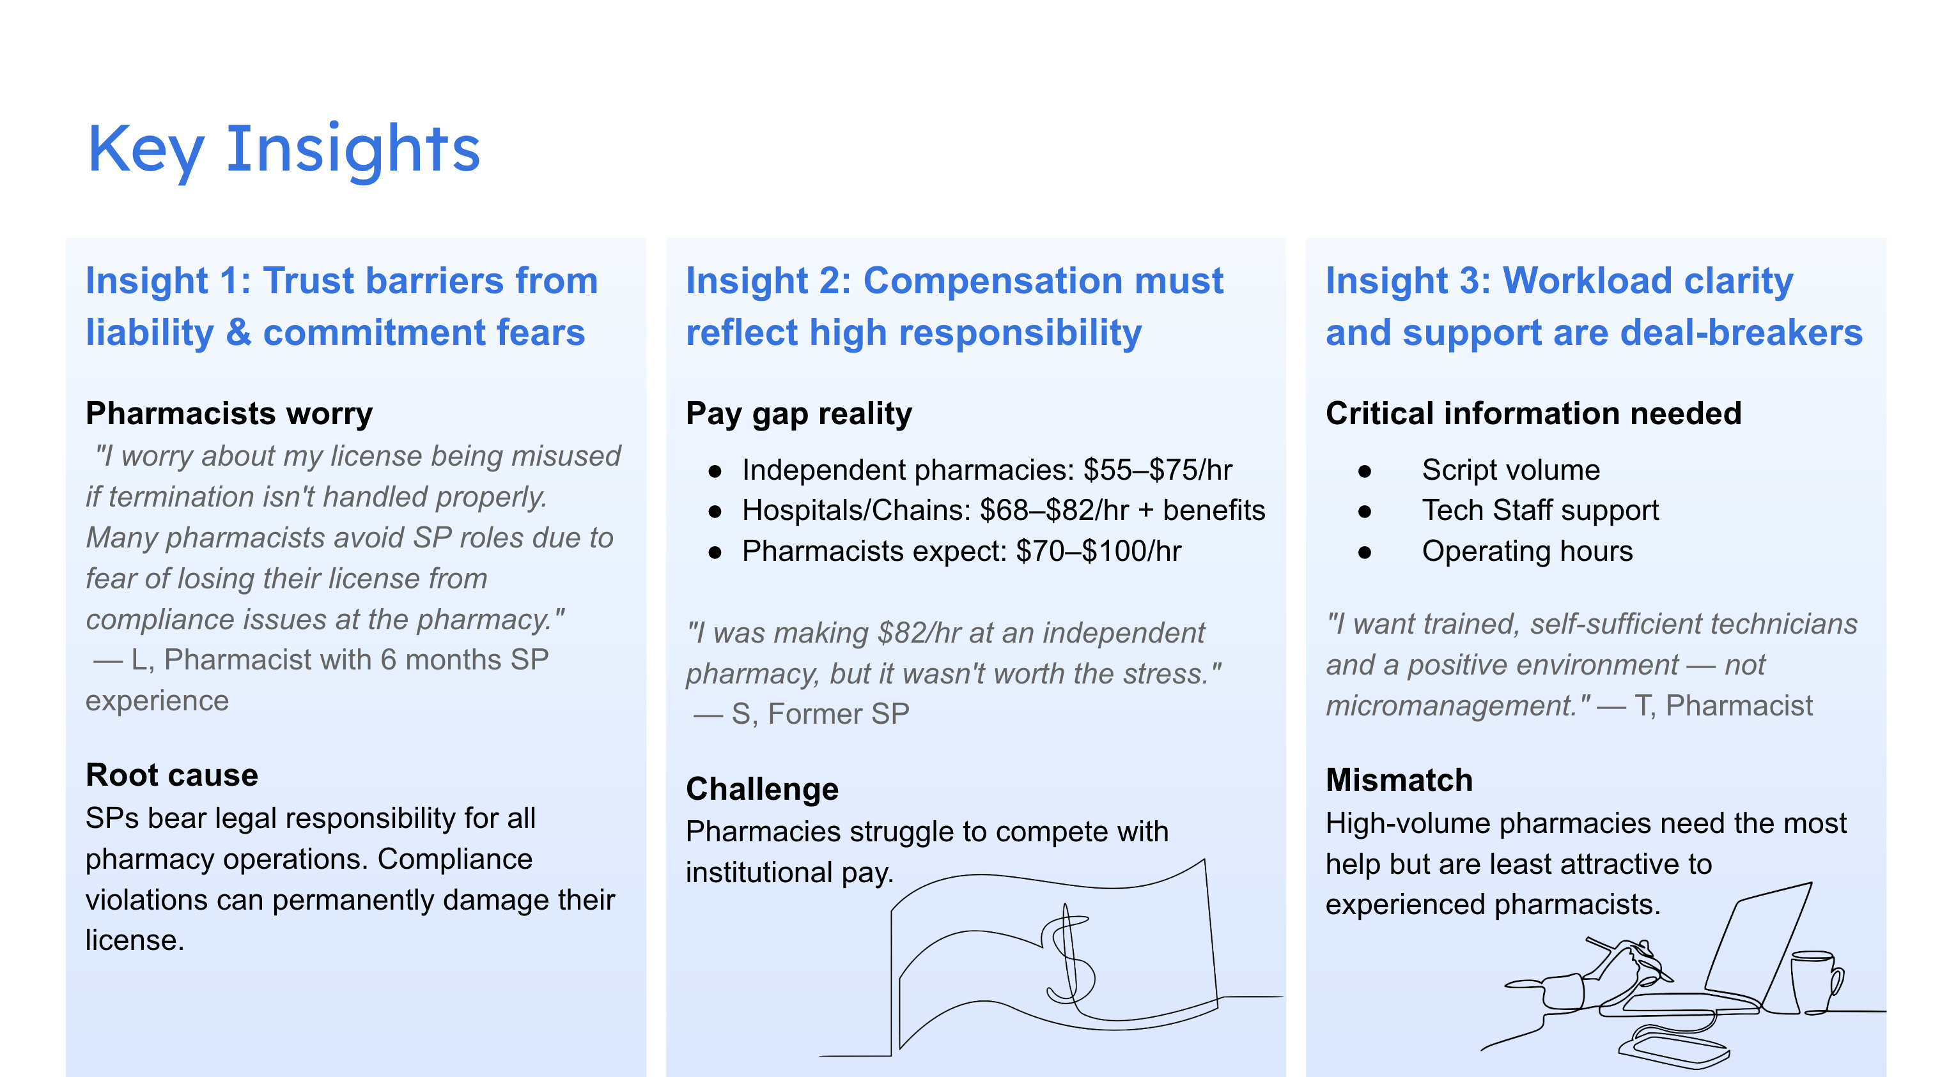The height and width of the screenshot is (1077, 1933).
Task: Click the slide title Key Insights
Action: [x=284, y=150]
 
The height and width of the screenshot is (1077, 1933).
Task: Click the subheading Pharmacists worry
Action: [x=229, y=413]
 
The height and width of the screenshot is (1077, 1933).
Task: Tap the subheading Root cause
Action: [x=172, y=775]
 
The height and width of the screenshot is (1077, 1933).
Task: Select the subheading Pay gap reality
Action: [x=798, y=413]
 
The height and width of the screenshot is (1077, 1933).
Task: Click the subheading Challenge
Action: [x=762, y=789]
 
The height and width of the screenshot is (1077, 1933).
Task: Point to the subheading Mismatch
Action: [x=1399, y=779]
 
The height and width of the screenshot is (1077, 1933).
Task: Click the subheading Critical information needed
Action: [x=1533, y=413]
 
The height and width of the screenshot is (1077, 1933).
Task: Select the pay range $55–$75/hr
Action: [x=1157, y=470]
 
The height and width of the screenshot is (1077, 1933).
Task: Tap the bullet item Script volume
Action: [x=1510, y=470]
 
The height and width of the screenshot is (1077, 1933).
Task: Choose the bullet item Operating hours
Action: [x=1527, y=551]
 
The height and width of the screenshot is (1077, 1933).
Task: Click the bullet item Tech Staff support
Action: [x=1540, y=511]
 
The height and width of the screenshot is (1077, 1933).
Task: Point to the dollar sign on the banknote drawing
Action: [x=1067, y=956]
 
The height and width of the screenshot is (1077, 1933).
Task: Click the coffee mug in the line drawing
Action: [x=1815, y=982]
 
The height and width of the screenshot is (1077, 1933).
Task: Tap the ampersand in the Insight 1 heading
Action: [x=238, y=333]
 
